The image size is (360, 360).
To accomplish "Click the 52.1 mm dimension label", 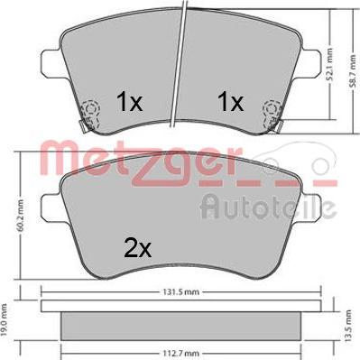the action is point(330,65).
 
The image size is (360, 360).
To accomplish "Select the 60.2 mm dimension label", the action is point(21,216).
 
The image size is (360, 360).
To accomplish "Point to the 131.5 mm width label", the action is point(181,291).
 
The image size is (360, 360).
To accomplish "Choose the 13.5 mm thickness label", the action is point(348,326).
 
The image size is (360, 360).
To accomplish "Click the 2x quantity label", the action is point(138,249).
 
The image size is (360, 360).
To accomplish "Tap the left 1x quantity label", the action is point(130,101).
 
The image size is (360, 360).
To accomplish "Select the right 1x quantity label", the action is point(231,101).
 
